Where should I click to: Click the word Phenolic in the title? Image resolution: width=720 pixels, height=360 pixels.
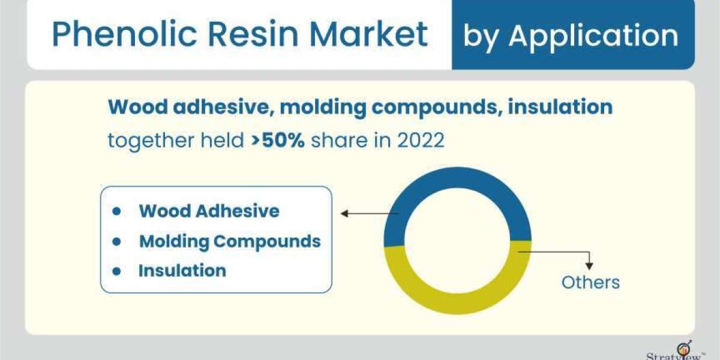coord(124,34)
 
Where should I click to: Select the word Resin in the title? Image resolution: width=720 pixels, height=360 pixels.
coord(253,34)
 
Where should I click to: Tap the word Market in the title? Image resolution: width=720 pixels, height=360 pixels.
coord(368,34)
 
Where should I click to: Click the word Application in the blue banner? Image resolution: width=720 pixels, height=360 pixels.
coord(593,37)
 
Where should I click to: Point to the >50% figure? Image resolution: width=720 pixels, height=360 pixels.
coord(278,140)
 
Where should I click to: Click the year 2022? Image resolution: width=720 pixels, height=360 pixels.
coord(421,140)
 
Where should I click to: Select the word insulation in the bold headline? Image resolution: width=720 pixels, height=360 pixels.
coord(560,107)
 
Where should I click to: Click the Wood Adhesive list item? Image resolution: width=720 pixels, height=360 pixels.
coord(209,211)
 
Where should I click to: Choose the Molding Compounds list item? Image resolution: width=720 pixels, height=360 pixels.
coord(230,241)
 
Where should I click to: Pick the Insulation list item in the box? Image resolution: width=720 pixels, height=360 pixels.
coord(182,271)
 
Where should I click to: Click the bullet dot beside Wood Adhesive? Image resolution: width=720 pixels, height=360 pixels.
coord(116,211)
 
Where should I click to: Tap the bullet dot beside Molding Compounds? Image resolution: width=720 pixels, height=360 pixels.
coord(116,241)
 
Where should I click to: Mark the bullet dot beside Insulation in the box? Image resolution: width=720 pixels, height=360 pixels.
coord(116,271)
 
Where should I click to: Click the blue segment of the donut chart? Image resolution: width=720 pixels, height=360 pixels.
coord(457,178)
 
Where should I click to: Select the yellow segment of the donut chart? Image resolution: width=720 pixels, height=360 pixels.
coord(457,304)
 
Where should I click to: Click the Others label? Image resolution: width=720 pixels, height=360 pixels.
coord(590,283)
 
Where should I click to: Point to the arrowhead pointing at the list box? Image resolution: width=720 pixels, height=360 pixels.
coord(344,214)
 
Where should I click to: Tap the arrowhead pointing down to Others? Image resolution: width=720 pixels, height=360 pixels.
coord(589,266)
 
